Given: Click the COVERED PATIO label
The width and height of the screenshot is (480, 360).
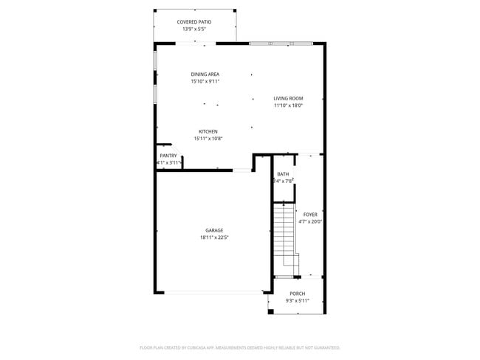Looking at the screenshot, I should [194, 22].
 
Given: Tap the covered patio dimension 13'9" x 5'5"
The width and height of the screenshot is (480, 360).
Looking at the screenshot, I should [194, 30].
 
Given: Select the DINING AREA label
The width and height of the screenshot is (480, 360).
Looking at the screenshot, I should [205, 75].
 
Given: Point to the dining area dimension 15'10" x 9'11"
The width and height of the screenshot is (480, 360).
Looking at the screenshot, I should [205, 82].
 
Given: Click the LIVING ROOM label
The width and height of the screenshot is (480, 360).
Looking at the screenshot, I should [288, 98].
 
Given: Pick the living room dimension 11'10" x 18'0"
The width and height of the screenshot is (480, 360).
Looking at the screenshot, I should [288, 105].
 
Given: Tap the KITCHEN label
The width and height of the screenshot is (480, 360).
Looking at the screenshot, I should [208, 131].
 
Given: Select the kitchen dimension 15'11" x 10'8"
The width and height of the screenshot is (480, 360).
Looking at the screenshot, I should [208, 139].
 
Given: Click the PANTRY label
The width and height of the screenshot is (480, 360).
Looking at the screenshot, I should [168, 156].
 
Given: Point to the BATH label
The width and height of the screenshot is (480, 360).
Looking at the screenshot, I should [283, 174].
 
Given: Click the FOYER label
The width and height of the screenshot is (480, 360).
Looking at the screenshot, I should [309, 215].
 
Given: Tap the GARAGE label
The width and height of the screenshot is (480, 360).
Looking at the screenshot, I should [214, 230].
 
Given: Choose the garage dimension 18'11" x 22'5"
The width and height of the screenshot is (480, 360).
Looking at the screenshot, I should [214, 238].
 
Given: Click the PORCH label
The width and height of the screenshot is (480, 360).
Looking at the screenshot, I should [297, 294].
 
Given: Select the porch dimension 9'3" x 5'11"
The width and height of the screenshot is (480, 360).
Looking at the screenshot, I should [297, 301].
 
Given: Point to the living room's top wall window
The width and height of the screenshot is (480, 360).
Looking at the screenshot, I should [281, 44].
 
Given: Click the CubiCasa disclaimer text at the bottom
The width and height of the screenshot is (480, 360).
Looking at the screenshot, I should [239, 347].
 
